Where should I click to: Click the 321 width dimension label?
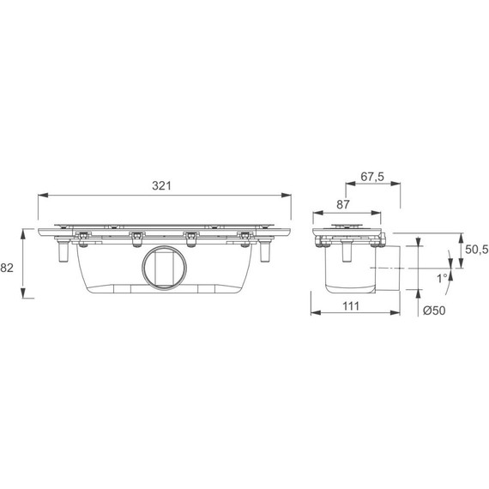[x=161, y=186]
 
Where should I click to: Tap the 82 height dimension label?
[x=7, y=268]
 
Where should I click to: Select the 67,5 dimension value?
[x=372, y=177]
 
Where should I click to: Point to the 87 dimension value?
[x=343, y=204]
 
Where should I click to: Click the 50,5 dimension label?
[x=476, y=250]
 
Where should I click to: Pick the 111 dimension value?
[x=351, y=306]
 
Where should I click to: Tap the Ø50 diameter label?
[x=434, y=311]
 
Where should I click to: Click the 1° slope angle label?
[x=442, y=278]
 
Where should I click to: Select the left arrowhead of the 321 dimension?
[x=43, y=196]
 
